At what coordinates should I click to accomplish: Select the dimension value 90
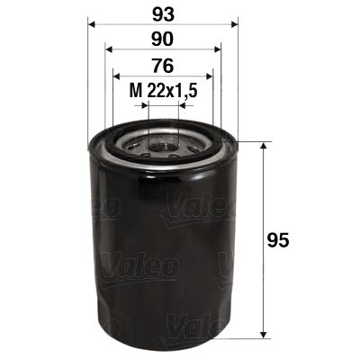point(164,40)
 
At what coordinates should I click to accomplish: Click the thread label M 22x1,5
point(163,89)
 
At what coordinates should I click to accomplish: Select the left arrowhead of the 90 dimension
point(108,51)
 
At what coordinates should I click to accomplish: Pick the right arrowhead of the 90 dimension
point(219,51)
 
